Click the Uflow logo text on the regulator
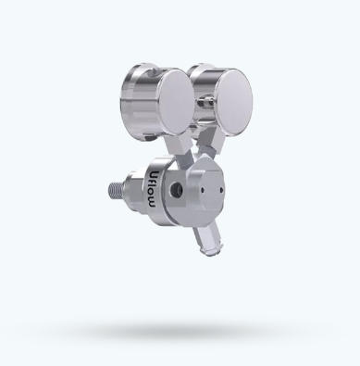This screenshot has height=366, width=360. (153, 188)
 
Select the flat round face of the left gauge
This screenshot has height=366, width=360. (176, 101)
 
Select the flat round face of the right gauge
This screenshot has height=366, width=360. (233, 102)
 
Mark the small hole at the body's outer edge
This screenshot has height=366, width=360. (221, 190)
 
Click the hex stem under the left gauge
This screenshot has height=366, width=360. (179, 145)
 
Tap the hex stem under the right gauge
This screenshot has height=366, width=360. (213, 141)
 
